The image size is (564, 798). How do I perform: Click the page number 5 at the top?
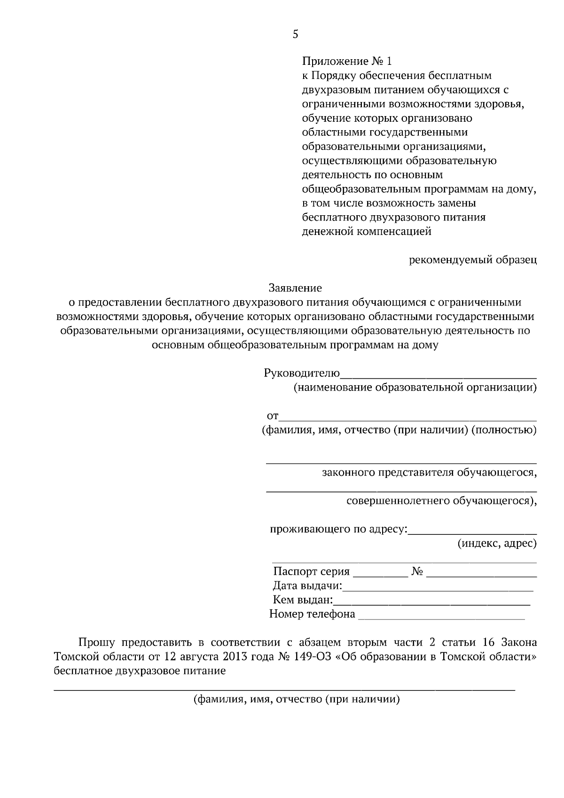coord(295,34)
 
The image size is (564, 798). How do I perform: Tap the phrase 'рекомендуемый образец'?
coord(472,259)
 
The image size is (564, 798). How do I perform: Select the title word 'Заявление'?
coord(295,288)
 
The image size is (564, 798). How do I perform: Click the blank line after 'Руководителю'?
coord(438,376)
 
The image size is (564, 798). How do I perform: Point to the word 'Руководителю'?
coord(302,374)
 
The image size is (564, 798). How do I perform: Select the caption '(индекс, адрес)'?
coord(497,543)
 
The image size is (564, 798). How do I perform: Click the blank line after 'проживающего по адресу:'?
coord(472,533)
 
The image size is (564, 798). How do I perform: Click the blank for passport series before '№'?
coord(380,575)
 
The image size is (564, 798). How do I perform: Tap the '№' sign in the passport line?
coord(417,571)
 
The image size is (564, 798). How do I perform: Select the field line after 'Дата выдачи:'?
coord(438,589)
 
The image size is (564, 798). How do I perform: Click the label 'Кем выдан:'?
coord(303,600)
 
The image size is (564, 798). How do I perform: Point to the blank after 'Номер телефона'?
coord(441,618)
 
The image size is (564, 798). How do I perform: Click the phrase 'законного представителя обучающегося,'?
coord(429,472)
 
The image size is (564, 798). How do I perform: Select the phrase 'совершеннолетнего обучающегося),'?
coord(441,501)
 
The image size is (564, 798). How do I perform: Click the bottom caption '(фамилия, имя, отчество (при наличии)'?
coord(297,699)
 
